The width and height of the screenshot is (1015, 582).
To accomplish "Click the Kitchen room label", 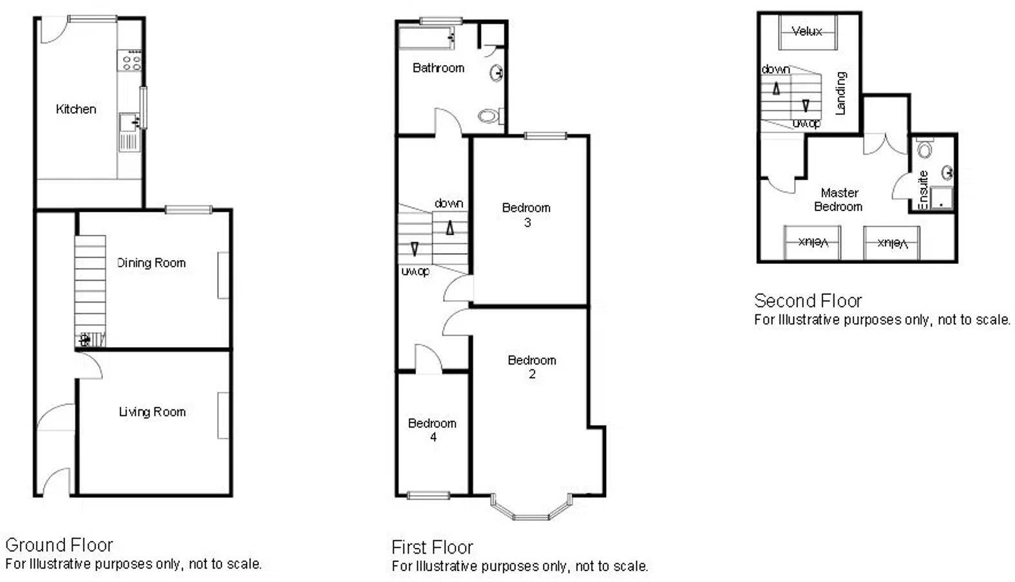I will (76, 109).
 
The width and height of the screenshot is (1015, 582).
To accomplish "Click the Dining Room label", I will (151, 263).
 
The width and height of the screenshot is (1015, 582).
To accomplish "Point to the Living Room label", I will (152, 412).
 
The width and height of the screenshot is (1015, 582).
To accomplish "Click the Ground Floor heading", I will (59, 545).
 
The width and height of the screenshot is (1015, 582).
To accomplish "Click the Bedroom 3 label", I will (526, 214).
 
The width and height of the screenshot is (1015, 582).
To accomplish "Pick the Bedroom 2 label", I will (531, 367).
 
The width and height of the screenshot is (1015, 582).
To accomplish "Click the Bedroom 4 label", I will (432, 430).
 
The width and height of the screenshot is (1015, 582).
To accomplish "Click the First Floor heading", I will (432, 547).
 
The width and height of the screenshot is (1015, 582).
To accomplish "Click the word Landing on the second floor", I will (840, 93).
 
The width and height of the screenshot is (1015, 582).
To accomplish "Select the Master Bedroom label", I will (839, 200).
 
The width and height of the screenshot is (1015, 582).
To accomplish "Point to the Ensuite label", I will (922, 189).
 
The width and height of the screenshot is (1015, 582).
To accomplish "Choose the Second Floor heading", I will (808, 301).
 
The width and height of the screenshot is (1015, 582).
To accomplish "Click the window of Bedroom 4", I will (428, 495).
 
